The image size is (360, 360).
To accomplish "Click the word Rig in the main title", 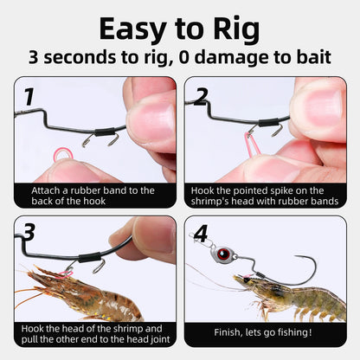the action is pyautogui.click(x=236, y=30).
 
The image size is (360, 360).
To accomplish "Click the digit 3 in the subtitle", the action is pyautogui.click(x=34, y=57).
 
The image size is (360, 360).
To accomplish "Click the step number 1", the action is pyautogui.click(x=29, y=97).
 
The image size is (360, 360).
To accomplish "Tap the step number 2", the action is pyautogui.click(x=201, y=97).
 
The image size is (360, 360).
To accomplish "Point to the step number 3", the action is pyautogui.click(x=29, y=232).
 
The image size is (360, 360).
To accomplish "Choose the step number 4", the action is pyautogui.click(x=201, y=234).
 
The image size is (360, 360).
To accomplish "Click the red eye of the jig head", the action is pyautogui.click(x=223, y=254).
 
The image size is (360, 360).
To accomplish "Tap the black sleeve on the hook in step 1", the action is pyautogui.click(x=104, y=133).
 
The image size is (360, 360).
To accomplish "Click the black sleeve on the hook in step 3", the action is pyautogui.click(x=89, y=257).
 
